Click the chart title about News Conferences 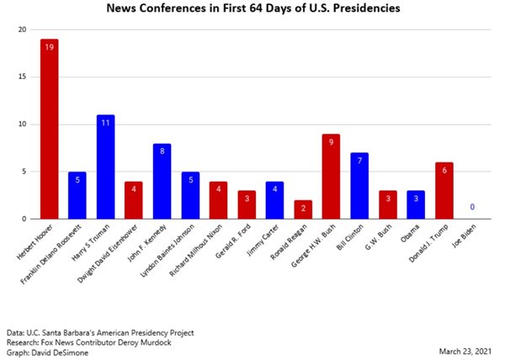pos(252,9)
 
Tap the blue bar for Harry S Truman pos(105,168)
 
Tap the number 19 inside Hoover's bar pos(50,48)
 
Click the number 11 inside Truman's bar pos(105,123)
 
